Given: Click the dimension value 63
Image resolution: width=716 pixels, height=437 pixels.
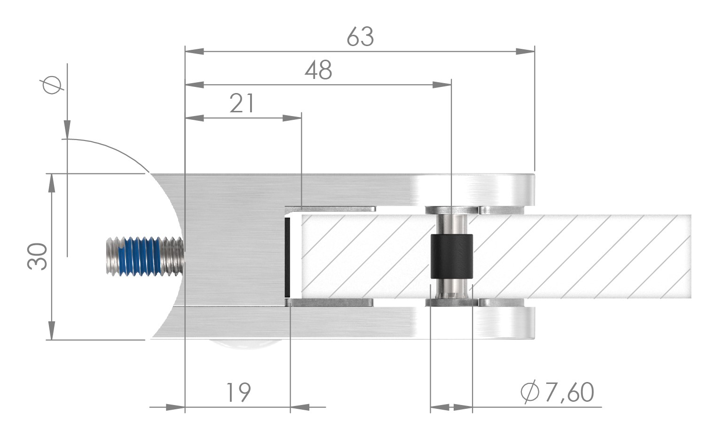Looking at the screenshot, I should [x=360, y=37].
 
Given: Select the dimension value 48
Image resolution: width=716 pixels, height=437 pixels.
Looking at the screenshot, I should [x=318, y=70].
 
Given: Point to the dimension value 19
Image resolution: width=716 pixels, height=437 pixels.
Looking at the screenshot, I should [x=238, y=393].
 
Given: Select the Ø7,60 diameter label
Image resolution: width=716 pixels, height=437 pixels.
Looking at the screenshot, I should [x=558, y=393].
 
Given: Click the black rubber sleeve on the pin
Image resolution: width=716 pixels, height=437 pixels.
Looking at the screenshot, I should [x=451, y=257].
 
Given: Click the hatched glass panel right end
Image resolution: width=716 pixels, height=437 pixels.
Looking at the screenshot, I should [x=677, y=257].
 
